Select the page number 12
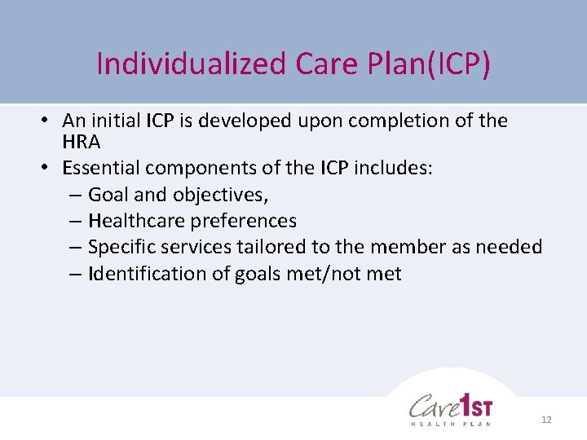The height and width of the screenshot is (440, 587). [x=546, y=419]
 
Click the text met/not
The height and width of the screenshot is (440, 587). [x=322, y=273]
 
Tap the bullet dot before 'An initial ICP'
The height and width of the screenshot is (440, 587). [x=48, y=121]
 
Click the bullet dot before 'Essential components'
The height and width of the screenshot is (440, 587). [x=48, y=169]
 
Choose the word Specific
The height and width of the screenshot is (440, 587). [x=121, y=247]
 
